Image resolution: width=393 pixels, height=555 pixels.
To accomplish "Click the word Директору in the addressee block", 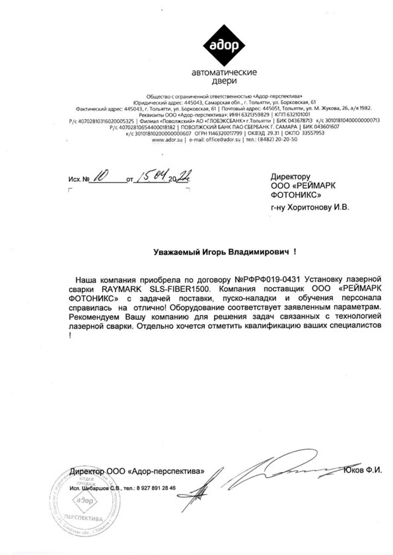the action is click(290, 177).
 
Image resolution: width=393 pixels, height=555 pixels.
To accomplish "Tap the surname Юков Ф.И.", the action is click(363, 470).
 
